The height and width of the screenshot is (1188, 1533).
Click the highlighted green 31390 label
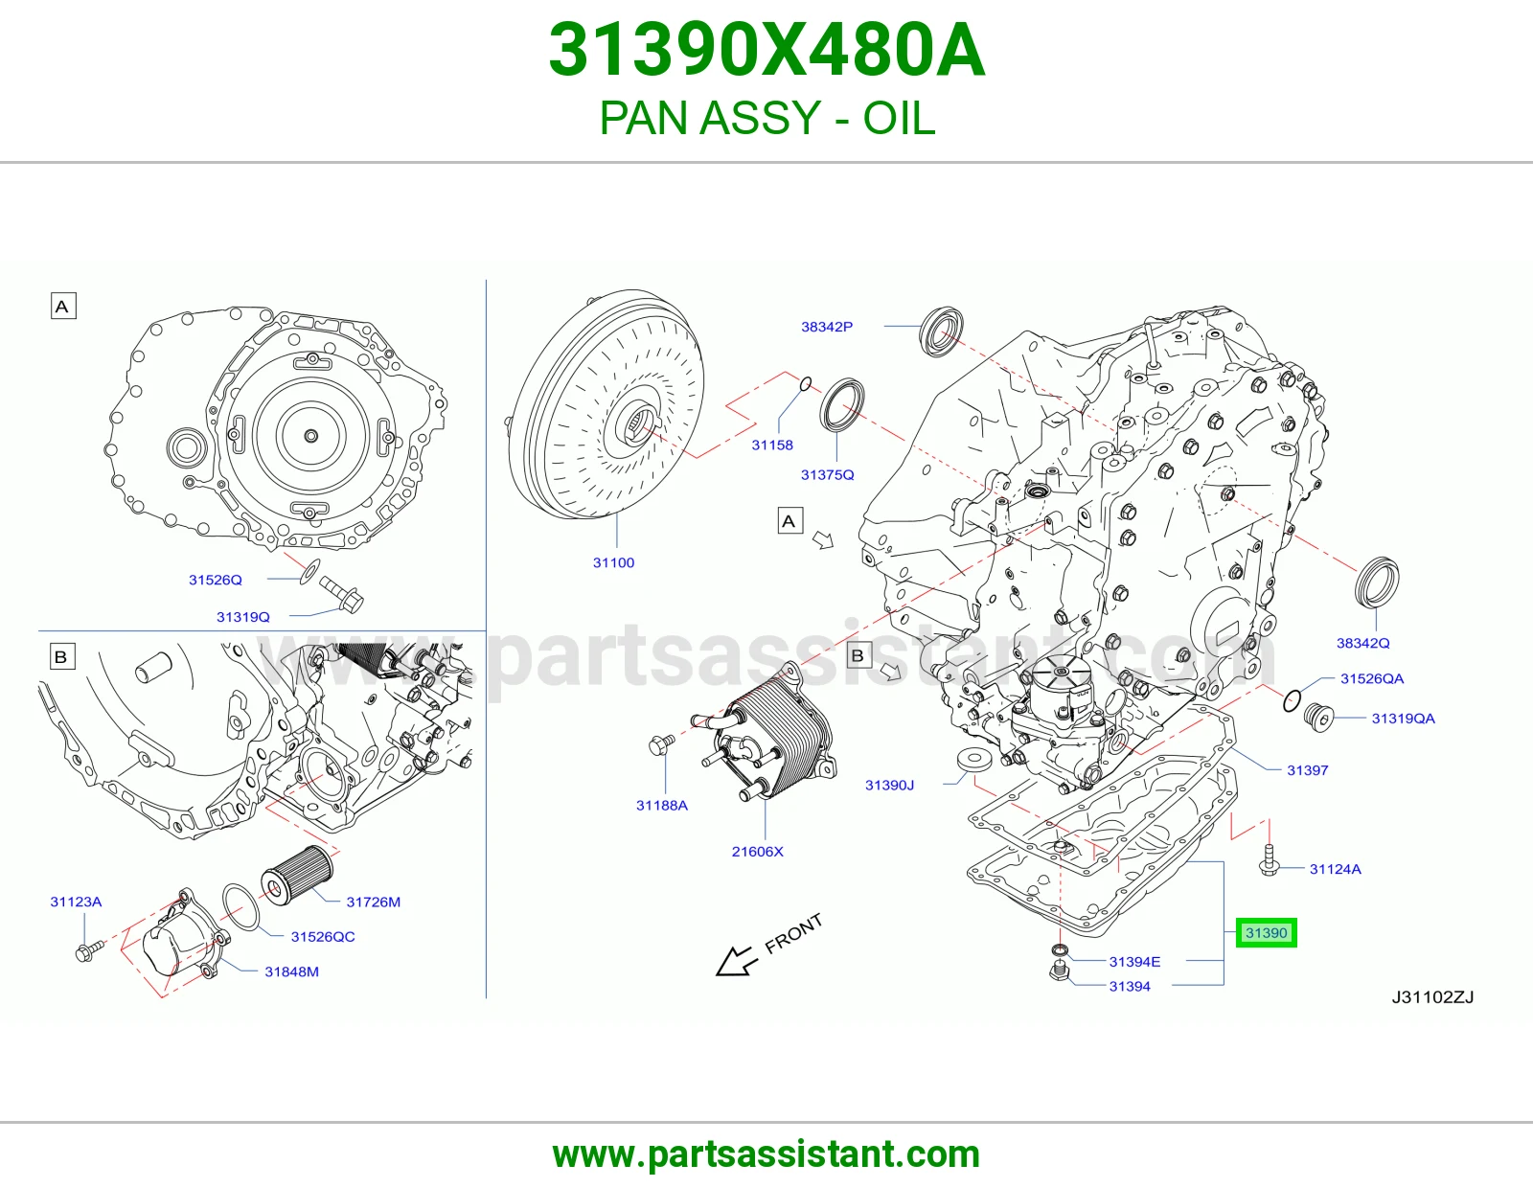(x=1267, y=933)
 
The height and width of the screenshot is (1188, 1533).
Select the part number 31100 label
(x=613, y=562)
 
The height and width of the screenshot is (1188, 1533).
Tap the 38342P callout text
(x=826, y=327)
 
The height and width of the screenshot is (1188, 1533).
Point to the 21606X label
(x=757, y=852)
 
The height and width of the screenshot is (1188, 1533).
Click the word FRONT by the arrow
(x=793, y=933)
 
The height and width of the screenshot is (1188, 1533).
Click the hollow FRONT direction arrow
(x=737, y=961)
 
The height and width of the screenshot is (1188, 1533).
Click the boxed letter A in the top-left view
(x=63, y=307)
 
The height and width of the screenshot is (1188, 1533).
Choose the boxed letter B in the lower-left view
(x=61, y=657)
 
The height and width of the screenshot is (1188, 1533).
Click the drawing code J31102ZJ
(x=1432, y=996)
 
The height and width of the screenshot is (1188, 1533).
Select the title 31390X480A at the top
(x=766, y=50)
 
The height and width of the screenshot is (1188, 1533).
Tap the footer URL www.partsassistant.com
(x=766, y=1154)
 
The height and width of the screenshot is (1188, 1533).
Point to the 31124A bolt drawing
(x=1269, y=860)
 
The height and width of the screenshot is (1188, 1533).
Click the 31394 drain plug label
(x=1130, y=986)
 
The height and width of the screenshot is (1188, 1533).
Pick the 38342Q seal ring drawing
(x=1377, y=583)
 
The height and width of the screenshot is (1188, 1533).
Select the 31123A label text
(x=76, y=902)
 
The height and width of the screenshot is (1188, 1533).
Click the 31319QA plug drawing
(x=1318, y=719)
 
